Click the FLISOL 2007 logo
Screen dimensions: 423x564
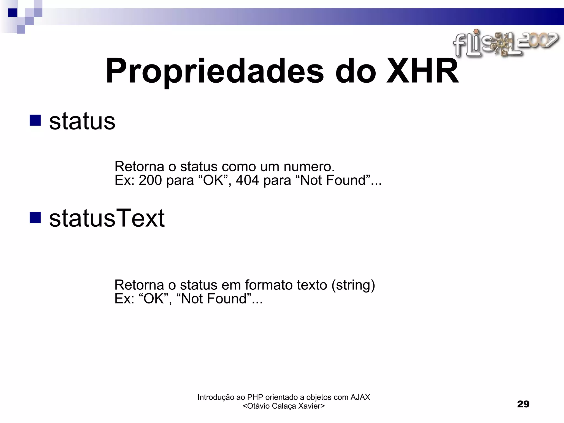(x=506, y=44)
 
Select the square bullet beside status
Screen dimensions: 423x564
(x=35, y=120)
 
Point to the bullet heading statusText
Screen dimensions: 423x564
(x=107, y=218)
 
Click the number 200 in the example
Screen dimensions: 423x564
(x=150, y=180)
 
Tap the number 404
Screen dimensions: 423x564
(x=247, y=180)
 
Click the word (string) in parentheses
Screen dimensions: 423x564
(x=353, y=285)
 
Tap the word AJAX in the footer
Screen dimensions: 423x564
(x=360, y=397)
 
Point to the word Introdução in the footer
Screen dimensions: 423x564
(x=216, y=397)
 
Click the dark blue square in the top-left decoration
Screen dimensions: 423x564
(x=12, y=13)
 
